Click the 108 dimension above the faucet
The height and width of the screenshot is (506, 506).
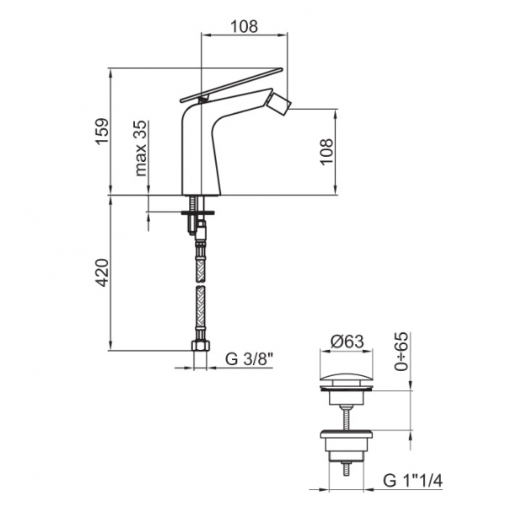click(244, 26)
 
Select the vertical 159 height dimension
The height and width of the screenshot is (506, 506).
click(102, 132)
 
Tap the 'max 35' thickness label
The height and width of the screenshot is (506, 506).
click(140, 148)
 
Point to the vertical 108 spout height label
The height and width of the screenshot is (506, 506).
click(326, 152)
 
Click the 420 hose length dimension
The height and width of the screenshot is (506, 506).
click(102, 272)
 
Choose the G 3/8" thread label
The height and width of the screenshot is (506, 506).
click(249, 359)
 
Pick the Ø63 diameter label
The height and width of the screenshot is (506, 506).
click(347, 341)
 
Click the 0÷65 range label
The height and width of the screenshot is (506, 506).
click(402, 352)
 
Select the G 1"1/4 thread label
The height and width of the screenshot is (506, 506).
click(412, 481)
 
